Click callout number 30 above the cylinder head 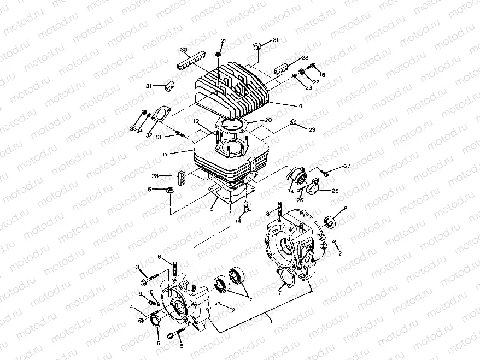(x=184, y=50)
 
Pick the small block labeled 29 (x=293, y=122)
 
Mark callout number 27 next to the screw (x=347, y=166)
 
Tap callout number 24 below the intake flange (x=290, y=192)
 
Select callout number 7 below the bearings (x=250, y=300)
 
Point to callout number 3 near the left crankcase (x=138, y=267)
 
